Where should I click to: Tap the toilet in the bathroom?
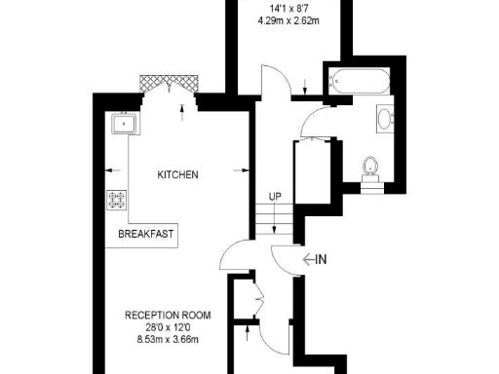click(x=369, y=168)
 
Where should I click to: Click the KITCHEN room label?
click(x=178, y=175)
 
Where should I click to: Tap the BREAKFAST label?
click(x=146, y=235)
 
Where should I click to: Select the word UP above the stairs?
click(x=275, y=197)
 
